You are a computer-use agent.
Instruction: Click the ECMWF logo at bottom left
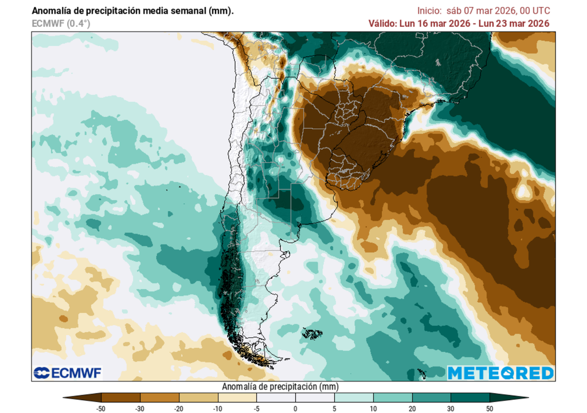click(68, 373)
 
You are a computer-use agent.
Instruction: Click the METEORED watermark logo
click(500, 373)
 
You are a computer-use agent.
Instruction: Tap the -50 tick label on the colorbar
click(101, 408)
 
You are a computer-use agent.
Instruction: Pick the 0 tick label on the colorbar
click(295, 408)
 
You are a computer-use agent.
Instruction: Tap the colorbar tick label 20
click(412, 408)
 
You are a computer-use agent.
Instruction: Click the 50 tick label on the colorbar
click(490, 408)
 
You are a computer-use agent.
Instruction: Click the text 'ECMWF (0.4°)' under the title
click(61, 24)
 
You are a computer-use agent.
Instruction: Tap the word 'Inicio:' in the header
click(430, 11)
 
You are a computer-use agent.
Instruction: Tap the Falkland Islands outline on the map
click(312, 333)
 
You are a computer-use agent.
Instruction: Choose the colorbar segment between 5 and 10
click(354, 397)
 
